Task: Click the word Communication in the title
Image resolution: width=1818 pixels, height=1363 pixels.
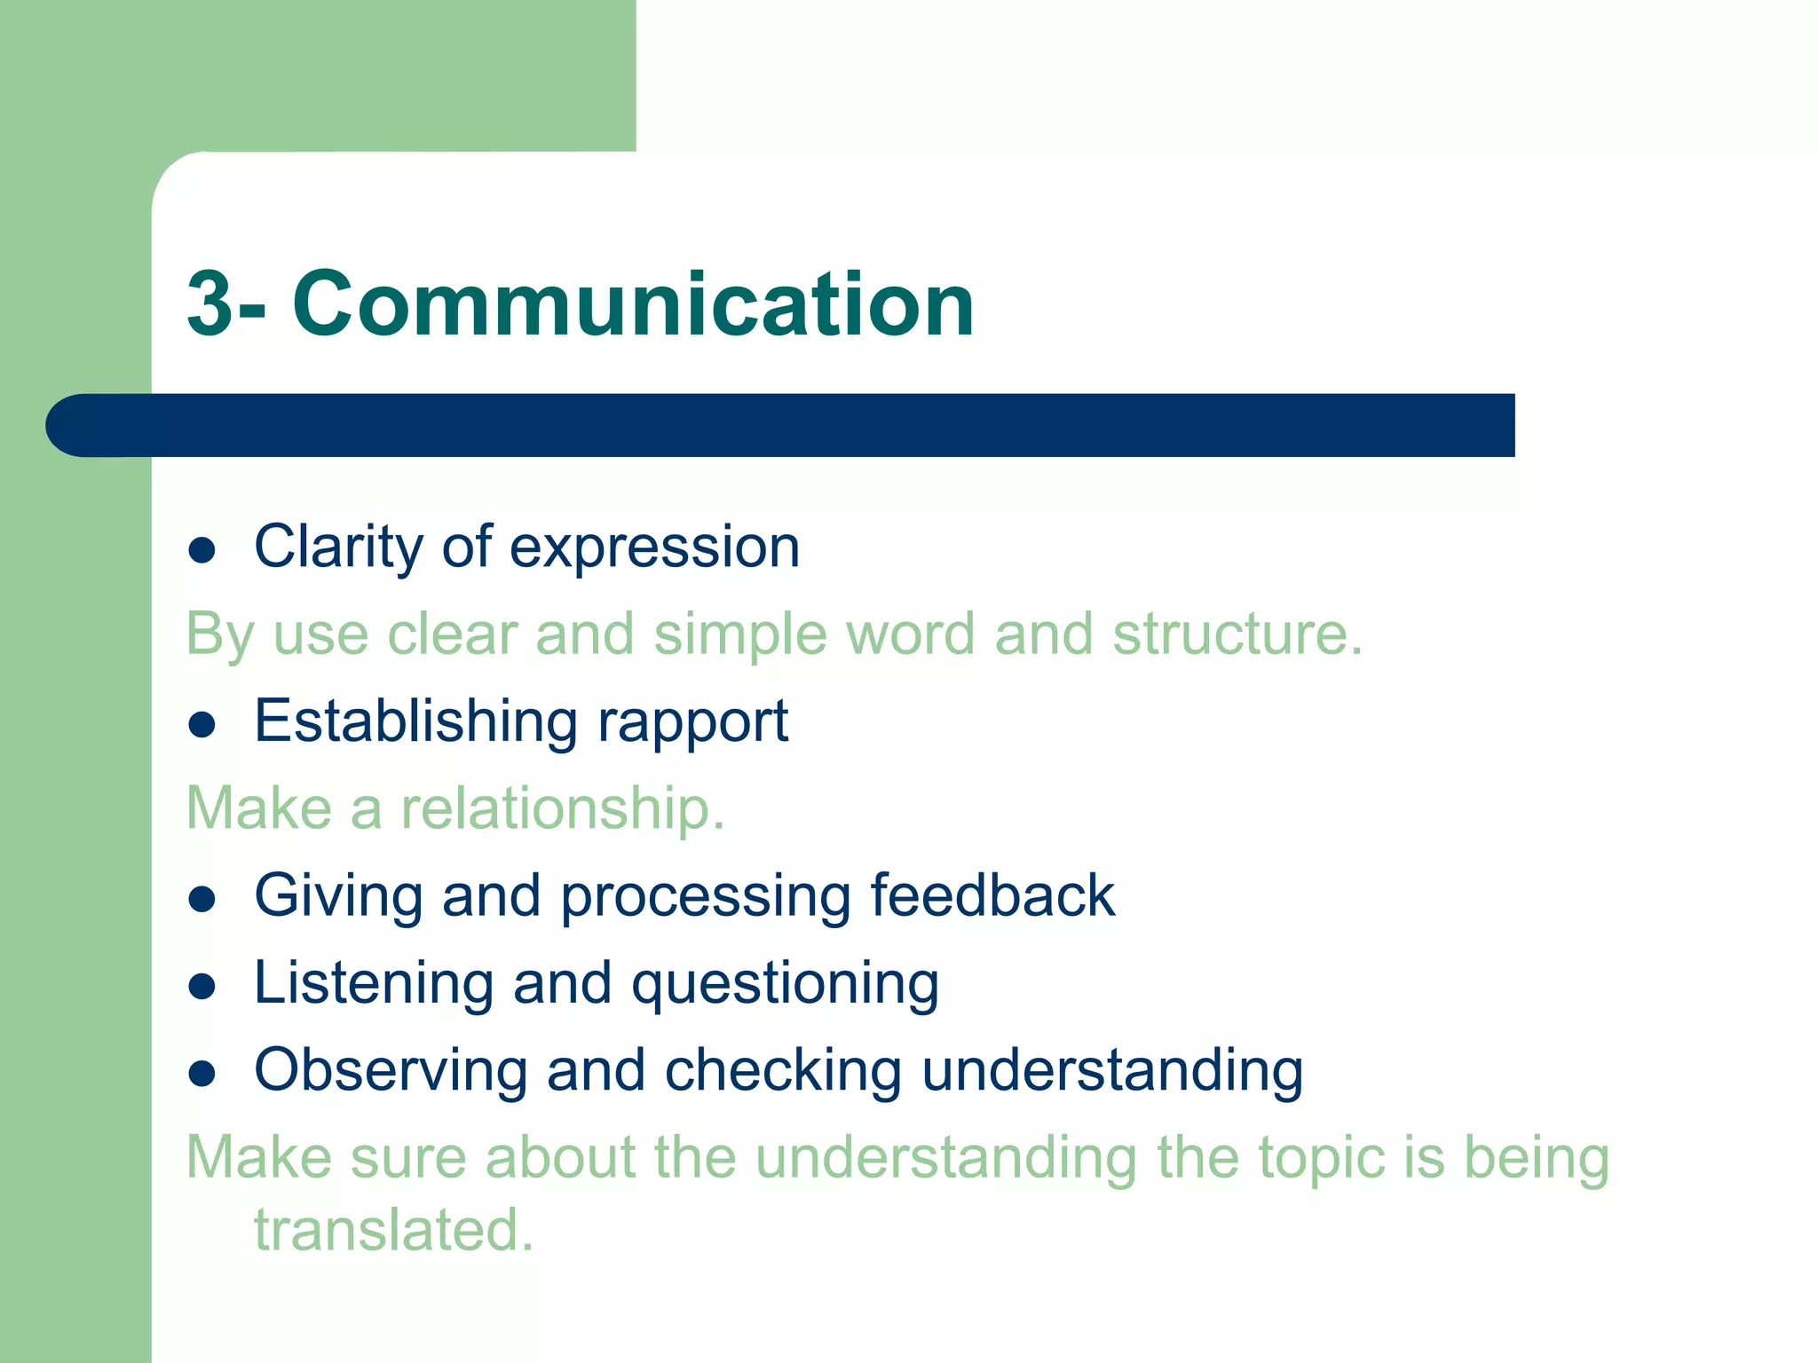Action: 633,304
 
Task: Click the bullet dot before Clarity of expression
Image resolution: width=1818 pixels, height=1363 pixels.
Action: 202,550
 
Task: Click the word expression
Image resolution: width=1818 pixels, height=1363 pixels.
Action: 654,548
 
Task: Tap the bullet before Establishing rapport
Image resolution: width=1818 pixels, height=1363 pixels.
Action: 202,725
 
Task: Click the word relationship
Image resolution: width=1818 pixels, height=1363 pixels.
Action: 562,808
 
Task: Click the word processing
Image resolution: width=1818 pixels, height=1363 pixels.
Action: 705,896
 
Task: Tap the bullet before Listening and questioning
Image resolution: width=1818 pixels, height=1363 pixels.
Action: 202,987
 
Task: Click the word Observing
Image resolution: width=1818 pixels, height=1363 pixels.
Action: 391,1070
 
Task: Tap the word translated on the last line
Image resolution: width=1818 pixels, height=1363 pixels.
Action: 393,1230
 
